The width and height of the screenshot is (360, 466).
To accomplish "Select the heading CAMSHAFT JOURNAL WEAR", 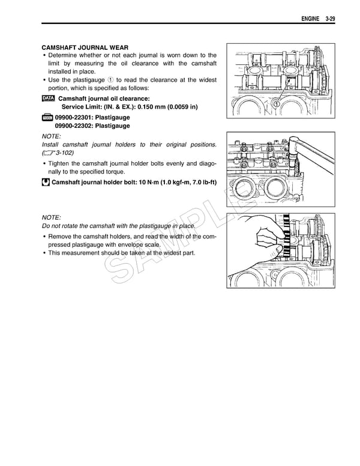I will [x=85, y=47].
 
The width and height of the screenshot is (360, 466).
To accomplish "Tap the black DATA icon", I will [x=48, y=98].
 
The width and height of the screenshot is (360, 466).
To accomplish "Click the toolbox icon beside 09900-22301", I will [x=47, y=118].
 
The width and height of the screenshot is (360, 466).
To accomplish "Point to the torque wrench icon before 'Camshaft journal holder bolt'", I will [x=46, y=182].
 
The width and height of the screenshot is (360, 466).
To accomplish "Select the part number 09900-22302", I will [x=74, y=126].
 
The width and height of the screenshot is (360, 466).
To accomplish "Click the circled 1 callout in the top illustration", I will [x=275, y=104].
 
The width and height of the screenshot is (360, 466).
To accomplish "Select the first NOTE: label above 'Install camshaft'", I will [x=51, y=136].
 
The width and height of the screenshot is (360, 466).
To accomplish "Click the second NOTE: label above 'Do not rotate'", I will [x=51, y=217].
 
